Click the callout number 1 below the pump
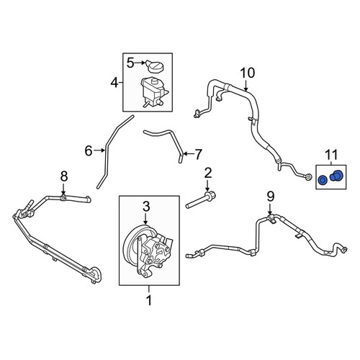tap(149, 300)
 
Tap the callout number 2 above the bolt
tap(208, 173)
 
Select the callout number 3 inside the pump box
tap(146, 207)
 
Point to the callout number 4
tap(114, 83)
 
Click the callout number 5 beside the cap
tap(130, 63)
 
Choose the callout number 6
tap(89, 151)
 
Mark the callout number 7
tap(198, 154)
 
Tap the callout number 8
tap(64, 176)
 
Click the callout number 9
tap(271, 197)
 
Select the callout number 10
tap(247, 73)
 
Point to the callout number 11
tap(331, 155)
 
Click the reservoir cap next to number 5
tap(156, 66)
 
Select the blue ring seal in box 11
tap(322, 180)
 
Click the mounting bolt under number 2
tap(200, 200)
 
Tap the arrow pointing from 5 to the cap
tap(140, 63)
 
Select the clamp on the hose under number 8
tap(63, 197)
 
